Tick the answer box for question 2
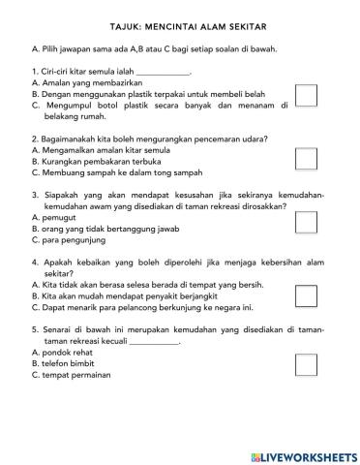click(306, 158)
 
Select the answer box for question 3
click(306, 222)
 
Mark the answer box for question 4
click(306, 295)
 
